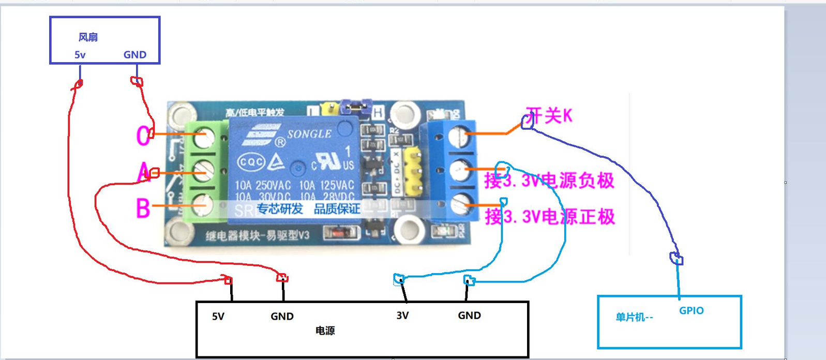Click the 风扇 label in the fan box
[88, 37]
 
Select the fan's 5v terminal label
[80, 55]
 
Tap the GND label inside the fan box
[134, 55]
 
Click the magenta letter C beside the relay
[143, 136]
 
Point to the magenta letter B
[143, 208]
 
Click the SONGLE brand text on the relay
[309, 134]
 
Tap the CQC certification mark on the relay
[251, 162]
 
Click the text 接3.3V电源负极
[549, 181]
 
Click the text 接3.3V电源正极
[550, 216]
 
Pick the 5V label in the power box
[218, 317]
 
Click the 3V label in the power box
[402, 316]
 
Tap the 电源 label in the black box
[325, 331]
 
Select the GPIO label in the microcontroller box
[691, 310]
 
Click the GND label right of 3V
[469, 316]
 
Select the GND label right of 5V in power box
[282, 317]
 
